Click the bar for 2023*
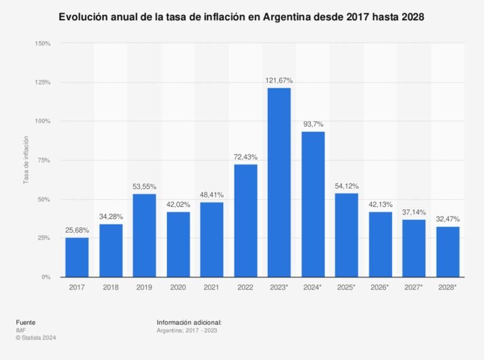tap(279, 182)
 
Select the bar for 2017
tap(77, 257)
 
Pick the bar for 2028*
tap(447, 252)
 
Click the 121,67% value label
tap(279, 81)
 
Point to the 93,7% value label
tap(313, 124)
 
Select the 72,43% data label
tap(246, 157)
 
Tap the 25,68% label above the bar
tap(77, 230)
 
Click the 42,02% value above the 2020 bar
tap(178, 204)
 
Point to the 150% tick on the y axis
tap(43, 44)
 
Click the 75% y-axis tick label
tap(45, 160)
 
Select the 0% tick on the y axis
tap(46, 277)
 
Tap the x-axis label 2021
tap(212, 287)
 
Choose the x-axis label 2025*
tap(347, 287)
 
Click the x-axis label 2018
tap(111, 287)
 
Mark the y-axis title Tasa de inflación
tap(26, 160)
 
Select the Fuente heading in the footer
tap(26, 322)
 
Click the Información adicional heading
tap(189, 322)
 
